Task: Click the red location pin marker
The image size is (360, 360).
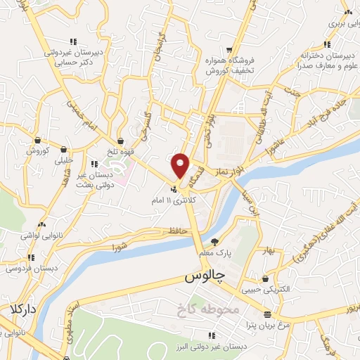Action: click(181, 165)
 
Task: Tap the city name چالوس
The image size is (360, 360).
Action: click(203, 277)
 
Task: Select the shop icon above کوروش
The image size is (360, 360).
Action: click(37, 140)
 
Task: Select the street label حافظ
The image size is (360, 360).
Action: click(176, 231)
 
